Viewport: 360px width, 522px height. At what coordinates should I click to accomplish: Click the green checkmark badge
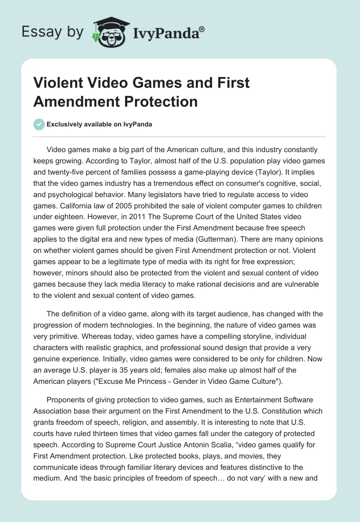pos(39,124)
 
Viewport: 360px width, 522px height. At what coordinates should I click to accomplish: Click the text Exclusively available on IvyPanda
pos(99,125)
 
